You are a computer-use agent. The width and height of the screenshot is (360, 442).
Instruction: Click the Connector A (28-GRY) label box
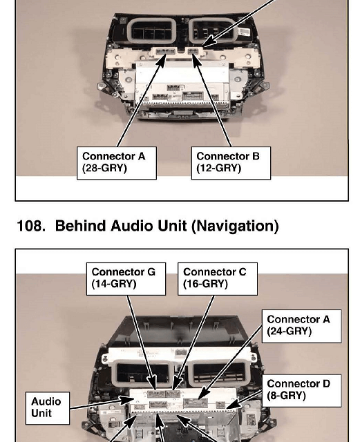(117, 163)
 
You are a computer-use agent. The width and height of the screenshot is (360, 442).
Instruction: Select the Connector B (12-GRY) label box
(231, 163)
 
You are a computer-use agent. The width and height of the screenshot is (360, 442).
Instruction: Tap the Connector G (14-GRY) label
(126, 279)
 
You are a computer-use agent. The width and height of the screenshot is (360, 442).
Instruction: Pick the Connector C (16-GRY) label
(218, 279)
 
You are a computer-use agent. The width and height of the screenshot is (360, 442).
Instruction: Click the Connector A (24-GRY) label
(301, 326)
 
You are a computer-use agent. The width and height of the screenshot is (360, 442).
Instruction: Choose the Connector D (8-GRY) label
(301, 390)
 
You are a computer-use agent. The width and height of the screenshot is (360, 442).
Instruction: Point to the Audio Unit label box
(48, 408)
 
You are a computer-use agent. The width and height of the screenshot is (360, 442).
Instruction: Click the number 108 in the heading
(31, 226)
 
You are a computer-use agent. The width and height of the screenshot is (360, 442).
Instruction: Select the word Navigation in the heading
(236, 227)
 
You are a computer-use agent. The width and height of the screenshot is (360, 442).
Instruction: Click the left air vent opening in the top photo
(152, 30)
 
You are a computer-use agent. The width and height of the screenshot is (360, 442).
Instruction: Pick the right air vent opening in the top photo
(214, 30)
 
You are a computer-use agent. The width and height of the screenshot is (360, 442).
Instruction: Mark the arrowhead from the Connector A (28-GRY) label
(162, 60)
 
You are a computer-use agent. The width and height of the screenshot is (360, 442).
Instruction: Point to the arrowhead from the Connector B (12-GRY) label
(196, 60)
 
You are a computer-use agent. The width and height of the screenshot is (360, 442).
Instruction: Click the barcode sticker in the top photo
(244, 32)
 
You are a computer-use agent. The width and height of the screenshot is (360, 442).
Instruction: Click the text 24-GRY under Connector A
(290, 331)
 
